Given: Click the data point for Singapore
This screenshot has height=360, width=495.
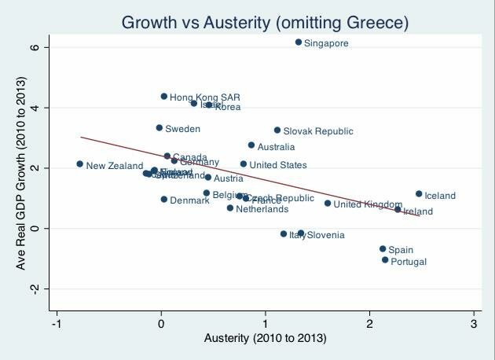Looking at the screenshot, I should [x=299, y=42].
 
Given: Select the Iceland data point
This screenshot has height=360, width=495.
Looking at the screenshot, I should [x=419, y=193].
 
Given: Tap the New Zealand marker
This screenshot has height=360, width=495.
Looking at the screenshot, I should [x=80, y=163].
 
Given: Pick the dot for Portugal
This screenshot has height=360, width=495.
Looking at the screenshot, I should [x=385, y=259].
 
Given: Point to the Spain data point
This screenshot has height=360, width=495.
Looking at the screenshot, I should [x=383, y=248].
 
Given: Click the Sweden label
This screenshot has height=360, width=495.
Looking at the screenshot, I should [x=182, y=129].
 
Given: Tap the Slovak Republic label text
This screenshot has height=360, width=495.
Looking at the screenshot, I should [x=318, y=131].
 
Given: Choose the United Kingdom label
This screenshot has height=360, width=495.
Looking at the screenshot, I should [x=368, y=204].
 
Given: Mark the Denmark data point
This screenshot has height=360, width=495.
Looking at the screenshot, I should [x=164, y=199].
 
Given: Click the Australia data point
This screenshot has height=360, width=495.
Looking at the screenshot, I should [x=251, y=145].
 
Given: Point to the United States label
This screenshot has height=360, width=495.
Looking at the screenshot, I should [x=278, y=165].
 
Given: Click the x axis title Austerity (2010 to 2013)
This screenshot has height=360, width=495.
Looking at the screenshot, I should [x=266, y=339].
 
